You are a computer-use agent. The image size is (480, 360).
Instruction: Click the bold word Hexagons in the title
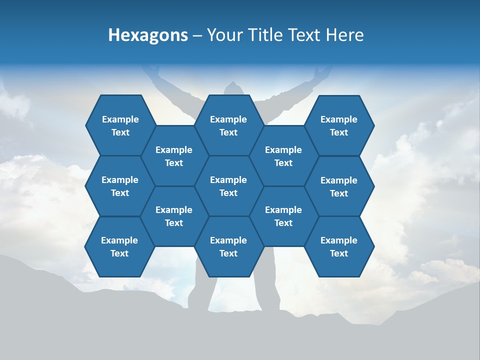tap(148, 35)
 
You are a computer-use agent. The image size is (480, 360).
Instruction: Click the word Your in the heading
tap(223, 35)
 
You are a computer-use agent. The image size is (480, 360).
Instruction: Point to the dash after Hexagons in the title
tap(197, 35)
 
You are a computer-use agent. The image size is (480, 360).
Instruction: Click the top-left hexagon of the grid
tap(120, 125)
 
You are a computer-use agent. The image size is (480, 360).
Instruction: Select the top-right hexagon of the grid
tap(339, 125)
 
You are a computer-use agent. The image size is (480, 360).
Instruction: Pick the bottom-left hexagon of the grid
tap(119, 246)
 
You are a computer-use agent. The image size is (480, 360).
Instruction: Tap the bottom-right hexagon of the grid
tap(339, 246)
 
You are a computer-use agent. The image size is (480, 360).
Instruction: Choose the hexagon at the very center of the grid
tap(228, 186)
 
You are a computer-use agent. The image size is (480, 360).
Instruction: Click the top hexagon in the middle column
tap(228, 125)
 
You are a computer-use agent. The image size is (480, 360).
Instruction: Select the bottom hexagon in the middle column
tap(228, 246)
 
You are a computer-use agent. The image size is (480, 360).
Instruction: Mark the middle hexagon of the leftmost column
tap(120, 186)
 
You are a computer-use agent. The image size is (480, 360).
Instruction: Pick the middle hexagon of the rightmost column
tap(339, 186)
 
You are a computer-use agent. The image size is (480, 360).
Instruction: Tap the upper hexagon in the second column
tap(174, 156)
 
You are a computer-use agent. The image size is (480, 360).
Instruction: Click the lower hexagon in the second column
tap(174, 216)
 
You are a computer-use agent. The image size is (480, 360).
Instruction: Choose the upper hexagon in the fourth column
tap(283, 156)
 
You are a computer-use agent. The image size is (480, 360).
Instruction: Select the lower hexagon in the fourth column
tap(283, 216)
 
